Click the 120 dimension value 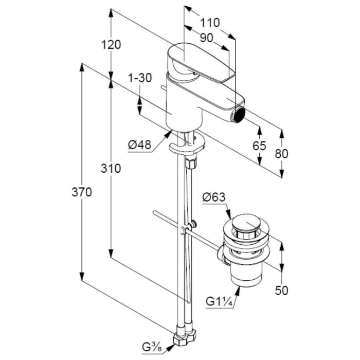point(111,45)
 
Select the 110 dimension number point(210,23)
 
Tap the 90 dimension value point(206,38)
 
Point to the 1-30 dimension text point(140,78)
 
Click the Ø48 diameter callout point(139,145)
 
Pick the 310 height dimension point(111,169)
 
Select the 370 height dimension point(82,192)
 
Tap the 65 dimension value point(259,146)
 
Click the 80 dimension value point(281,154)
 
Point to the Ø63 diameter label point(214,197)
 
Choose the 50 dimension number point(281,291)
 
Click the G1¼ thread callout point(219,301)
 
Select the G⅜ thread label point(152,347)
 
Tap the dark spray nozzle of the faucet point(239,114)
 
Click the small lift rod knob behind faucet point(164,88)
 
